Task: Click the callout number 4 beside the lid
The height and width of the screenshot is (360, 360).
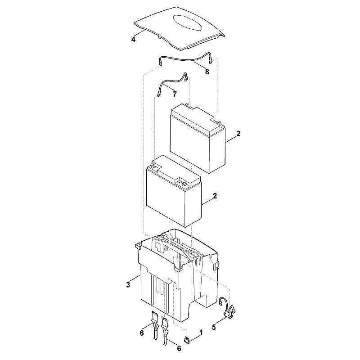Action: point(133,40)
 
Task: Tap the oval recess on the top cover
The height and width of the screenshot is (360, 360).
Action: point(188,22)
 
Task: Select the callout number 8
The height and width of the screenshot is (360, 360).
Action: point(207,72)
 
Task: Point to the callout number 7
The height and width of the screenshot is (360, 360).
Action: point(175,94)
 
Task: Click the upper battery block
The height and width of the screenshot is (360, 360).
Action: point(198,138)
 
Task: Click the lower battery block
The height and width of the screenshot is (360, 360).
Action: point(174,191)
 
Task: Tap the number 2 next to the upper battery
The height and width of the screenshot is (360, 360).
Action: point(239,133)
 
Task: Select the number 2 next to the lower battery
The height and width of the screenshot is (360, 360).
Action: point(215,196)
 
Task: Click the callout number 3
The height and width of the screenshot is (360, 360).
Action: point(128,285)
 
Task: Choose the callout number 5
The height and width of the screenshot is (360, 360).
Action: point(214,327)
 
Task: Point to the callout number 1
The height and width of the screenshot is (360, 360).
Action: point(201,332)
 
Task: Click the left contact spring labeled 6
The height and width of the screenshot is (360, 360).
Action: point(155,324)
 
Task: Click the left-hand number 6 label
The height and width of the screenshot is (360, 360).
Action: point(142,333)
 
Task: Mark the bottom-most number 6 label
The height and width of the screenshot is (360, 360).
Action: point(179,348)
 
